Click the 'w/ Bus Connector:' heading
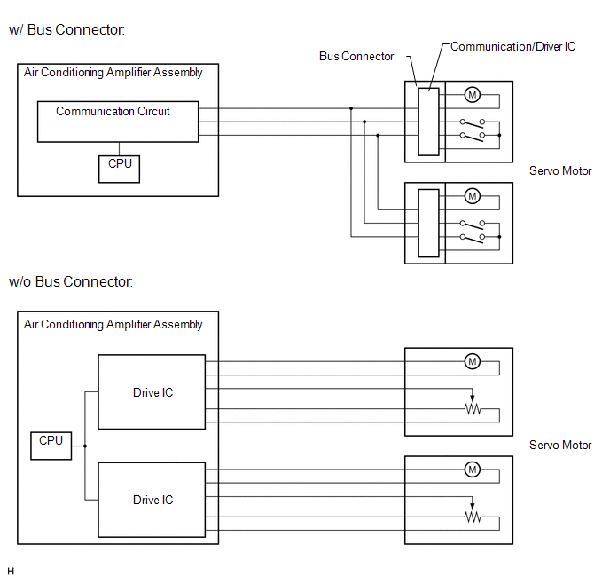pos(66,29)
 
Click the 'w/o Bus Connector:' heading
pos(70,281)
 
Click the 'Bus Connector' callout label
pos(356,57)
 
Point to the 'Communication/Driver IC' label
pos(512,47)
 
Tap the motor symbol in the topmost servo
pos(473,95)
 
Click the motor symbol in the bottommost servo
pos(473,470)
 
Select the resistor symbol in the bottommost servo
pos(473,517)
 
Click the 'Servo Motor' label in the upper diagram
pos(560,171)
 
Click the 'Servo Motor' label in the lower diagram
pos(560,445)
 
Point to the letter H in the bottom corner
pos(11,572)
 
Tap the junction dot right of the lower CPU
pos(85,446)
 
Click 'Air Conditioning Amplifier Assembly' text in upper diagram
pos(113,73)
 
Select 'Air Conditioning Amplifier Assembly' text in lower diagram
pos(113,324)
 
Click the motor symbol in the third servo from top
pos(473,362)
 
